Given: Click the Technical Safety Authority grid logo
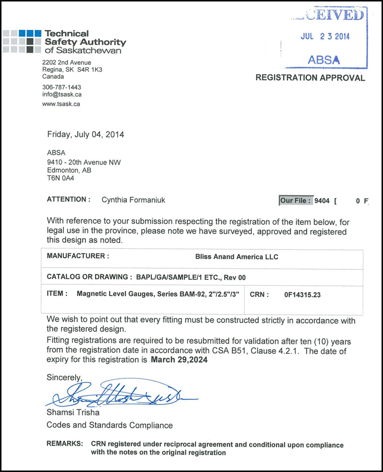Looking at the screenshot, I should (22, 41).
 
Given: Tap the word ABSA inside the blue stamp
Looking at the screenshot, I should (324, 60).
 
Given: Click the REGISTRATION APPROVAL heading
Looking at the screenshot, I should (310, 78).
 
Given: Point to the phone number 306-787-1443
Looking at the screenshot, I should (62, 87).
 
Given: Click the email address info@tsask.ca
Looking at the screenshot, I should (62, 94).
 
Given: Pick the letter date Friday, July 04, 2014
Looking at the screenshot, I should (86, 135).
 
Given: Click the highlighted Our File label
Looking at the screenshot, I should (295, 201).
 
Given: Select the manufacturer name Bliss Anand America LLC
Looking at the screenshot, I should (237, 257).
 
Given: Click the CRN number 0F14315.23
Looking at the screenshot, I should (302, 295).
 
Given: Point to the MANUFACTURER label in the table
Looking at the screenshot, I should (78, 256).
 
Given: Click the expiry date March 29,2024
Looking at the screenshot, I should (179, 361).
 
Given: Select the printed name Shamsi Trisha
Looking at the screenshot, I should (73, 413).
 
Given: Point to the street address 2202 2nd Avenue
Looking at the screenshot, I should (67, 62).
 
